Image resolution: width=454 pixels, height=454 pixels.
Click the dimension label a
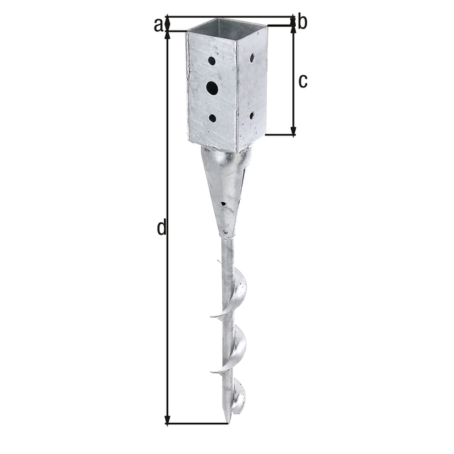[x=157, y=24]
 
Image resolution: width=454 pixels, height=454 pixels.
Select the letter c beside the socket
[x=303, y=81]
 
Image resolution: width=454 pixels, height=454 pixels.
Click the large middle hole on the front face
[x=212, y=88]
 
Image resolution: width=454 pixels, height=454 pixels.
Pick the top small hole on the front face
[x=211, y=62]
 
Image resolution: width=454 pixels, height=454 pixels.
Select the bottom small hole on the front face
[x=212, y=118]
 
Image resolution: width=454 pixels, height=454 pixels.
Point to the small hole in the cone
[x=224, y=205]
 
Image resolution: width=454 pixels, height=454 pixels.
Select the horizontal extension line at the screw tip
[x=199, y=424]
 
